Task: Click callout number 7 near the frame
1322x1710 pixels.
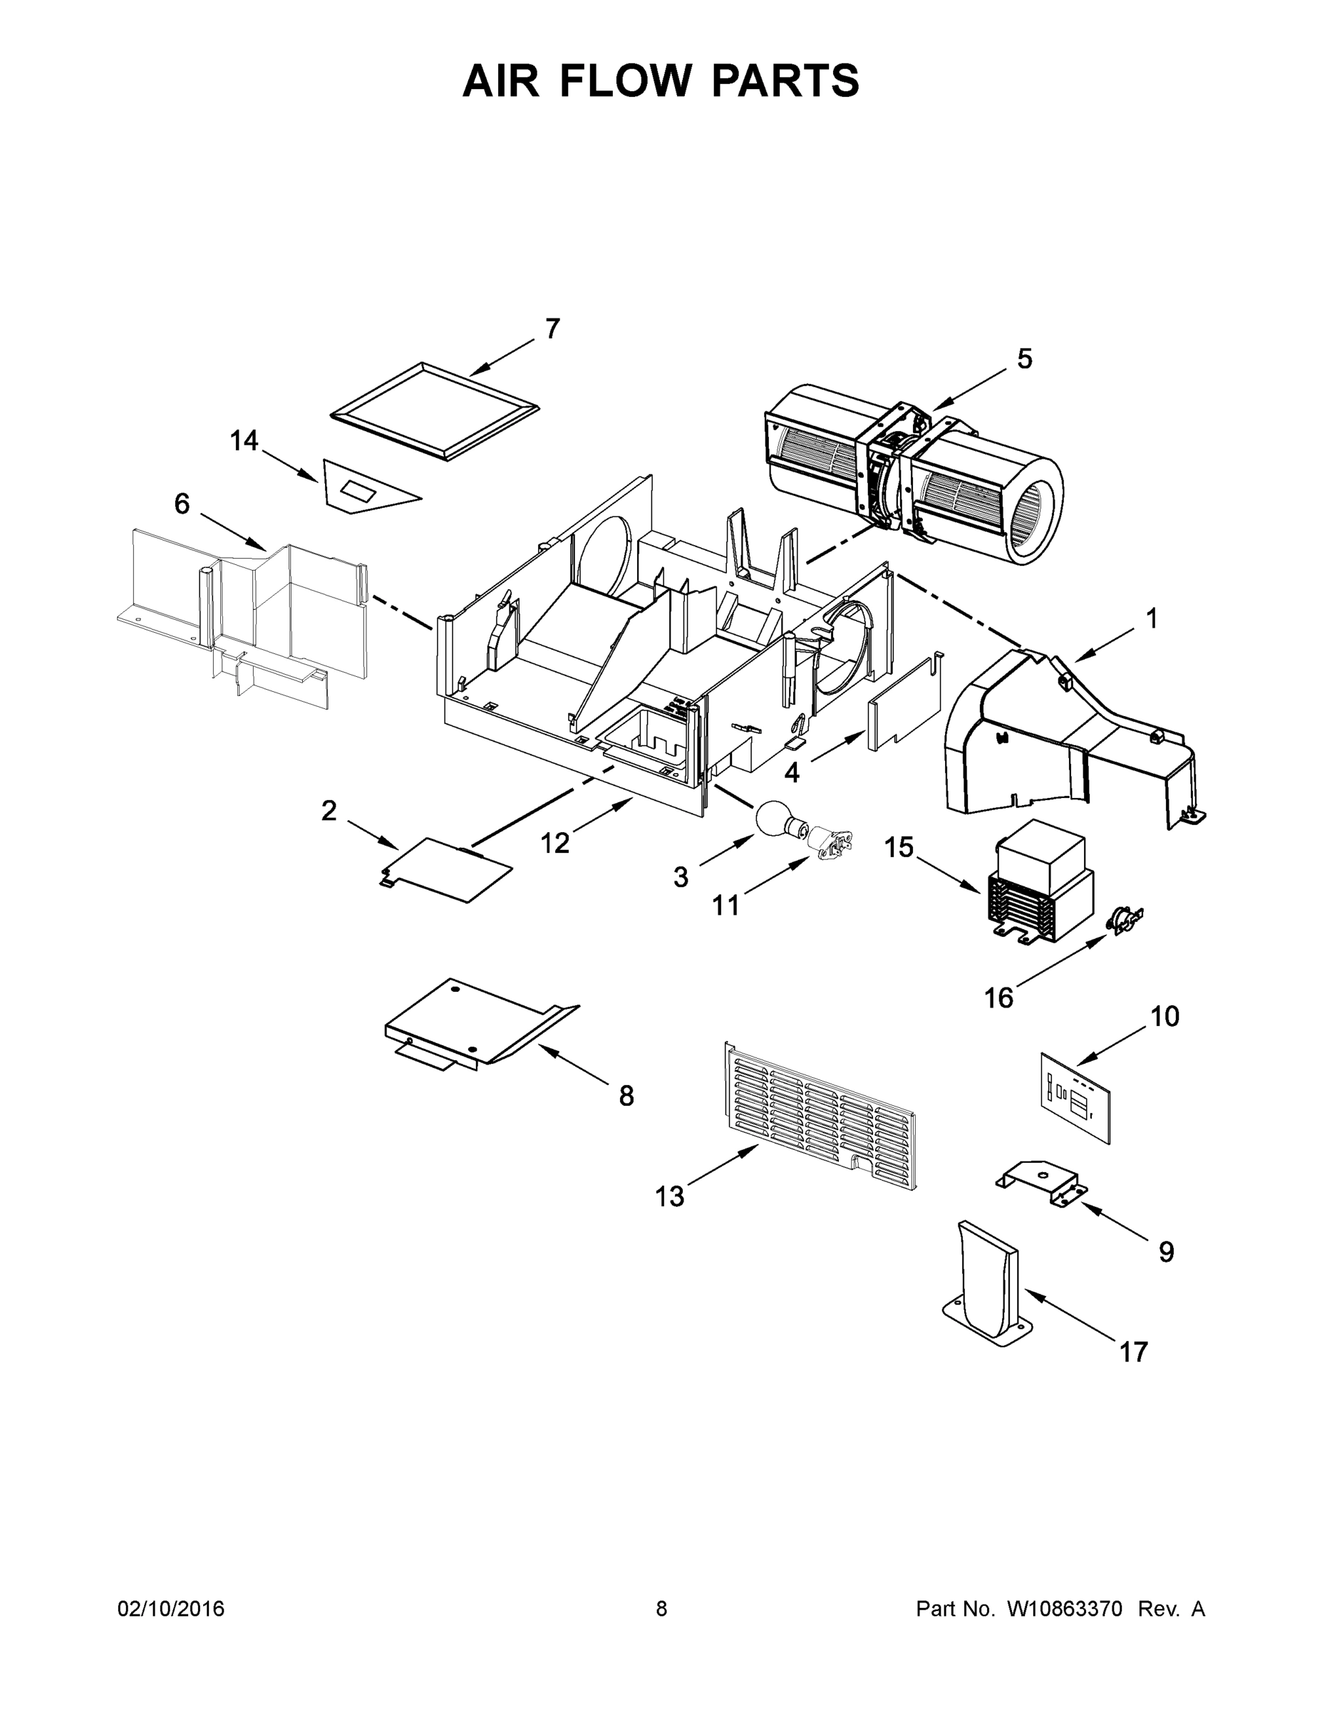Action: (x=552, y=330)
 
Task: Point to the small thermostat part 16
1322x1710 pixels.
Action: (x=1125, y=917)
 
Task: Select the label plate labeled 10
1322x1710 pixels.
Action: (x=1075, y=1099)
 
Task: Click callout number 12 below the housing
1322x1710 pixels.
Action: (x=554, y=844)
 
